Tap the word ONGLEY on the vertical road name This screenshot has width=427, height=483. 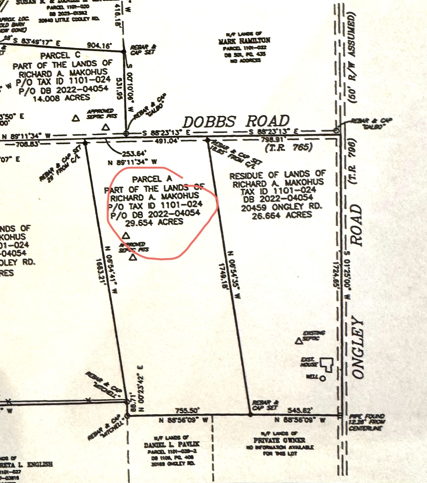[358, 348]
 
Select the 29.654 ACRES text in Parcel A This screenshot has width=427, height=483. [154, 222]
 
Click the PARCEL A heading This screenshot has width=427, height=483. [152, 179]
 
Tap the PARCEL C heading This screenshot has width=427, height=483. [60, 55]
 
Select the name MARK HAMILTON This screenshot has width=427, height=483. [244, 41]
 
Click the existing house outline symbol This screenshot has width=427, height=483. [326, 364]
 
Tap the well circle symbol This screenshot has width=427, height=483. [323, 378]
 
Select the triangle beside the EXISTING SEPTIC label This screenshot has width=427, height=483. [298, 341]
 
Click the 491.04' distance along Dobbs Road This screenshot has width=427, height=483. [166, 141]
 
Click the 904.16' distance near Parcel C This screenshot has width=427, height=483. [100, 46]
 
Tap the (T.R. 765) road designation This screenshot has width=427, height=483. [289, 147]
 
